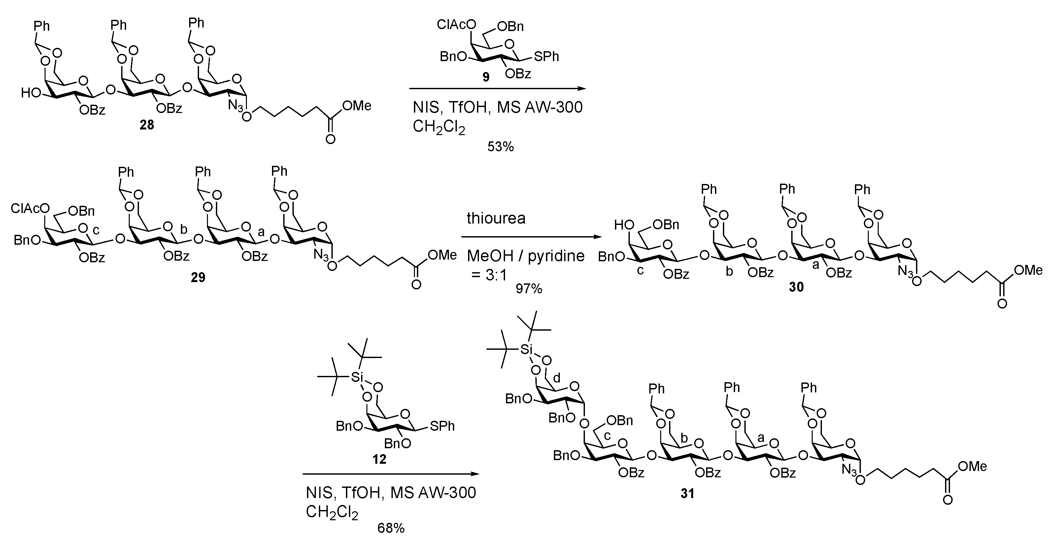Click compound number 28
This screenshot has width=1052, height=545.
coord(147,125)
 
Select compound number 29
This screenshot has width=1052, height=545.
coord(198,277)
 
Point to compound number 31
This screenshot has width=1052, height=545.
coord(687,493)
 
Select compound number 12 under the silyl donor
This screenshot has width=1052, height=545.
coord(379,459)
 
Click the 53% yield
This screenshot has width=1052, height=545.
coord(500,147)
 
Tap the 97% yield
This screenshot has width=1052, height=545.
coord(528,289)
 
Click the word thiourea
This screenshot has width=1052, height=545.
coord(496,219)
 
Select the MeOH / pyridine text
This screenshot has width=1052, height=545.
coord(526,256)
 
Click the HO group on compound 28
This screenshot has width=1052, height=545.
coord(30,93)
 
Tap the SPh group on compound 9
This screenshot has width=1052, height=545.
coord(546,57)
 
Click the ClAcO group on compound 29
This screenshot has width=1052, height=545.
coord(30,209)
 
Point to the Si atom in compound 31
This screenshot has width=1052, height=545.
coord(526,349)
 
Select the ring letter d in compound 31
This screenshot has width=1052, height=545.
coord(556,378)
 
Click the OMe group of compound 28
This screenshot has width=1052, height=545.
coord(357,106)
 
